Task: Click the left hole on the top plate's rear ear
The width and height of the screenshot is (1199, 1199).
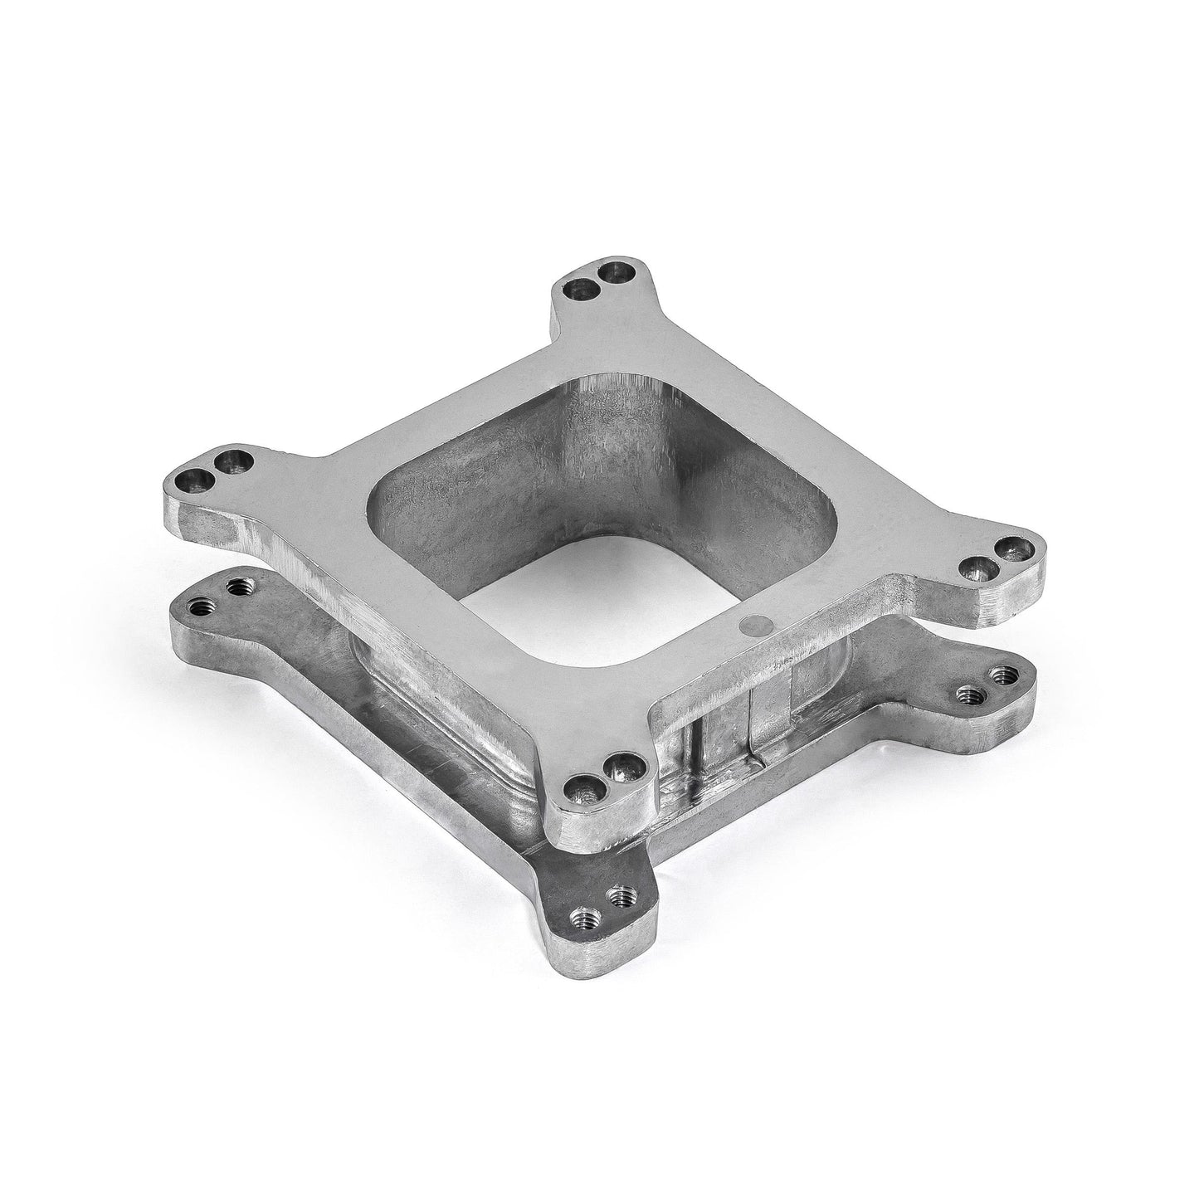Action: point(578,289)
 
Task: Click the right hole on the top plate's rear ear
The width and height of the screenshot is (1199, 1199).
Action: point(614,271)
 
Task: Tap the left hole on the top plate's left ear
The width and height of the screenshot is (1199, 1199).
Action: point(197,479)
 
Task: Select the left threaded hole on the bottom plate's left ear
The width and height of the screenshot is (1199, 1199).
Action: point(199,607)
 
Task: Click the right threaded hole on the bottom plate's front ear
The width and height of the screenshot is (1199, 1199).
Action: point(621,896)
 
